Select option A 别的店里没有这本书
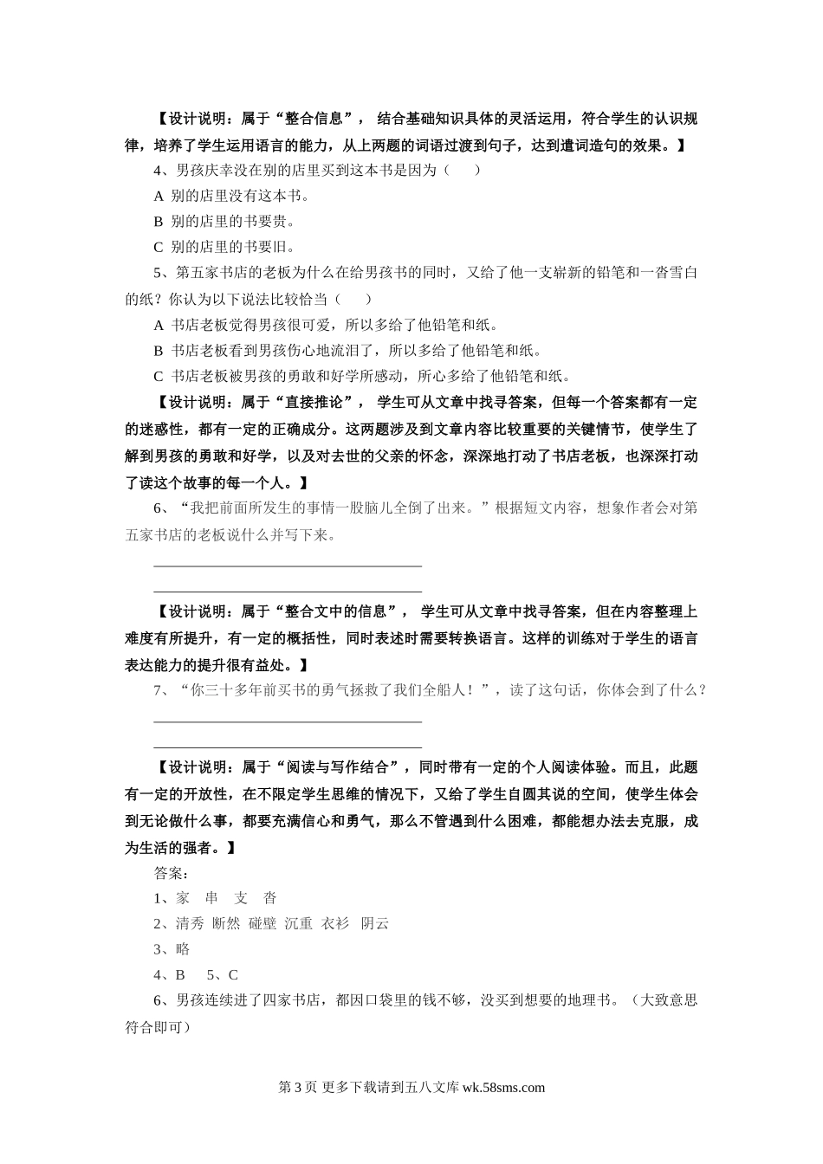pos(231,196)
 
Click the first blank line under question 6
pos(288,566)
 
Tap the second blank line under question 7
pos(288,746)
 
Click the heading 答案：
pos(172,872)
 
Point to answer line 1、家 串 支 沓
pos(215,898)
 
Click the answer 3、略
pos(172,949)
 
